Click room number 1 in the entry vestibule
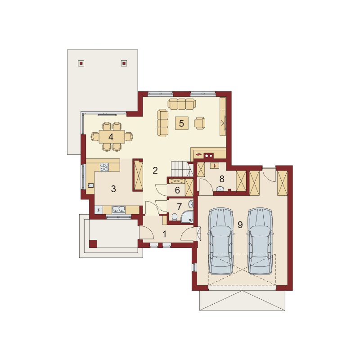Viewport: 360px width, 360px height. pyautogui.click(x=164, y=234)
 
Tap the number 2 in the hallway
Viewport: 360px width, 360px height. pyautogui.click(x=155, y=171)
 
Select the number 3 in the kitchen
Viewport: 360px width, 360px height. pyautogui.click(x=113, y=189)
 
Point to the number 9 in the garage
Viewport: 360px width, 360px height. pyautogui.click(x=240, y=225)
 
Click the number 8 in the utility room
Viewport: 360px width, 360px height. pyautogui.click(x=222, y=178)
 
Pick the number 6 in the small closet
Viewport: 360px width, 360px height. pyautogui.click(x=177, y=190)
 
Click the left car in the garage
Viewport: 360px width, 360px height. pyautogui.click(x=220, y=242)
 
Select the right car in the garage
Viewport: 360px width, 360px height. pyautogui.click(x=260, y=242)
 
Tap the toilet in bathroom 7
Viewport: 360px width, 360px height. pyautogui.click(x=174, y=217)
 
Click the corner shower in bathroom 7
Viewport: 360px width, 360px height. pyautogui.click(x=187, y=217)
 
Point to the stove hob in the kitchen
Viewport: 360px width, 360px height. pyautogui.click(x=104, y=167)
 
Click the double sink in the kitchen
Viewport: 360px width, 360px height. pyautogui.click(x=118, y=209)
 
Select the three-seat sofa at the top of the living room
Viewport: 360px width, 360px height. pyautogui.click(x=182, y=103)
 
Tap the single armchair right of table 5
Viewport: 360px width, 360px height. pyautogui.click(x=200, y=123)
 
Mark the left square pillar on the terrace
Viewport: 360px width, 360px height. pyautogui.click(x=81, y=63)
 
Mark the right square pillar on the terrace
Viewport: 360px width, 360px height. pyautogui.click(x=124, y=63)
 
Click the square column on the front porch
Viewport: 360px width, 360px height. pyautogui.click(x=93, y=244)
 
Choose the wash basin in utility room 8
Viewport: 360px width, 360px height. pyautogui.click(x=221, y=189)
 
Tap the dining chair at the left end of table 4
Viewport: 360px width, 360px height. pyautogui.click(x=95, y=136)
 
